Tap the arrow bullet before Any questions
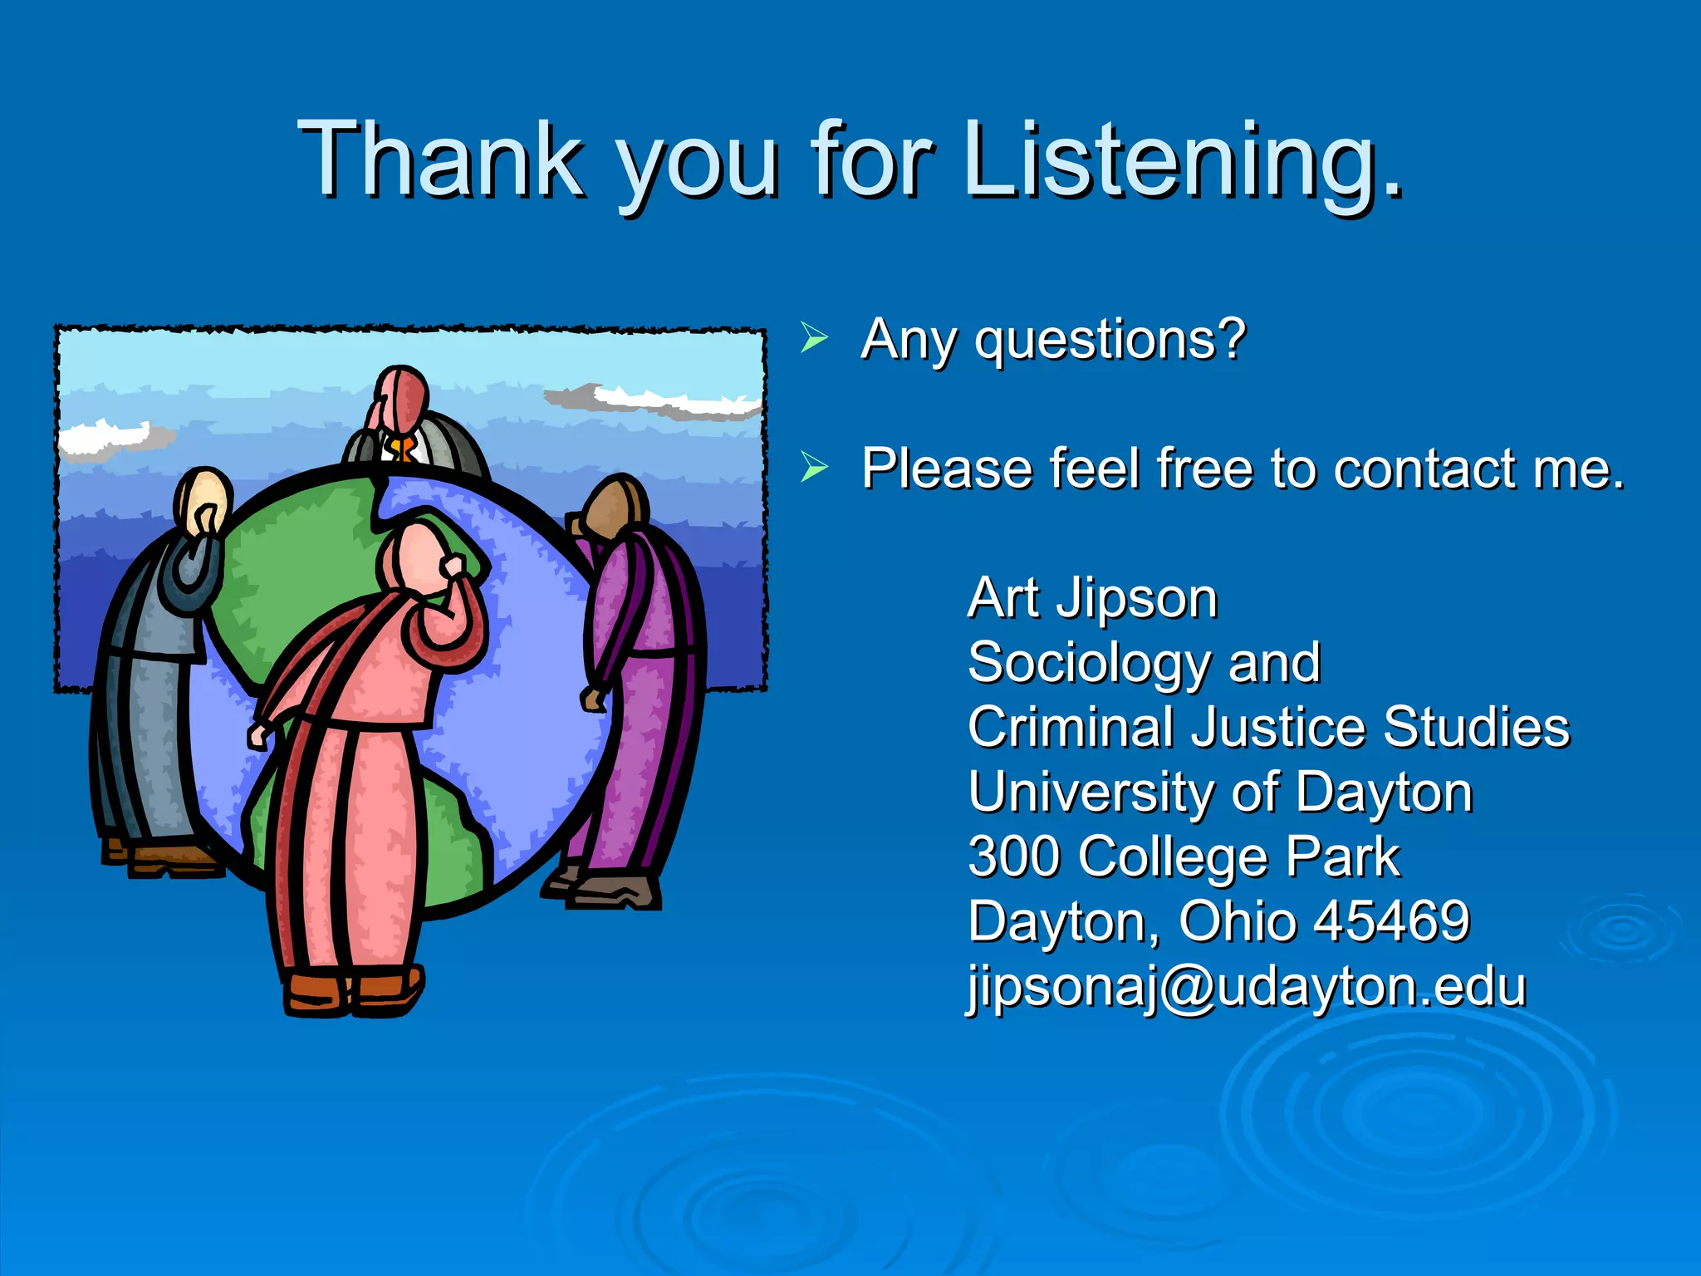tap(814, 339)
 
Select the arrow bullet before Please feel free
tap(814, 468)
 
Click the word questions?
tap(1111, 341)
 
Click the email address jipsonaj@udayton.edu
tap(1247, 987)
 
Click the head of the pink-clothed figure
tap(413, 557)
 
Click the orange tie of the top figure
tap(402, 450)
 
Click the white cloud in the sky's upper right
tap(664, 400)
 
